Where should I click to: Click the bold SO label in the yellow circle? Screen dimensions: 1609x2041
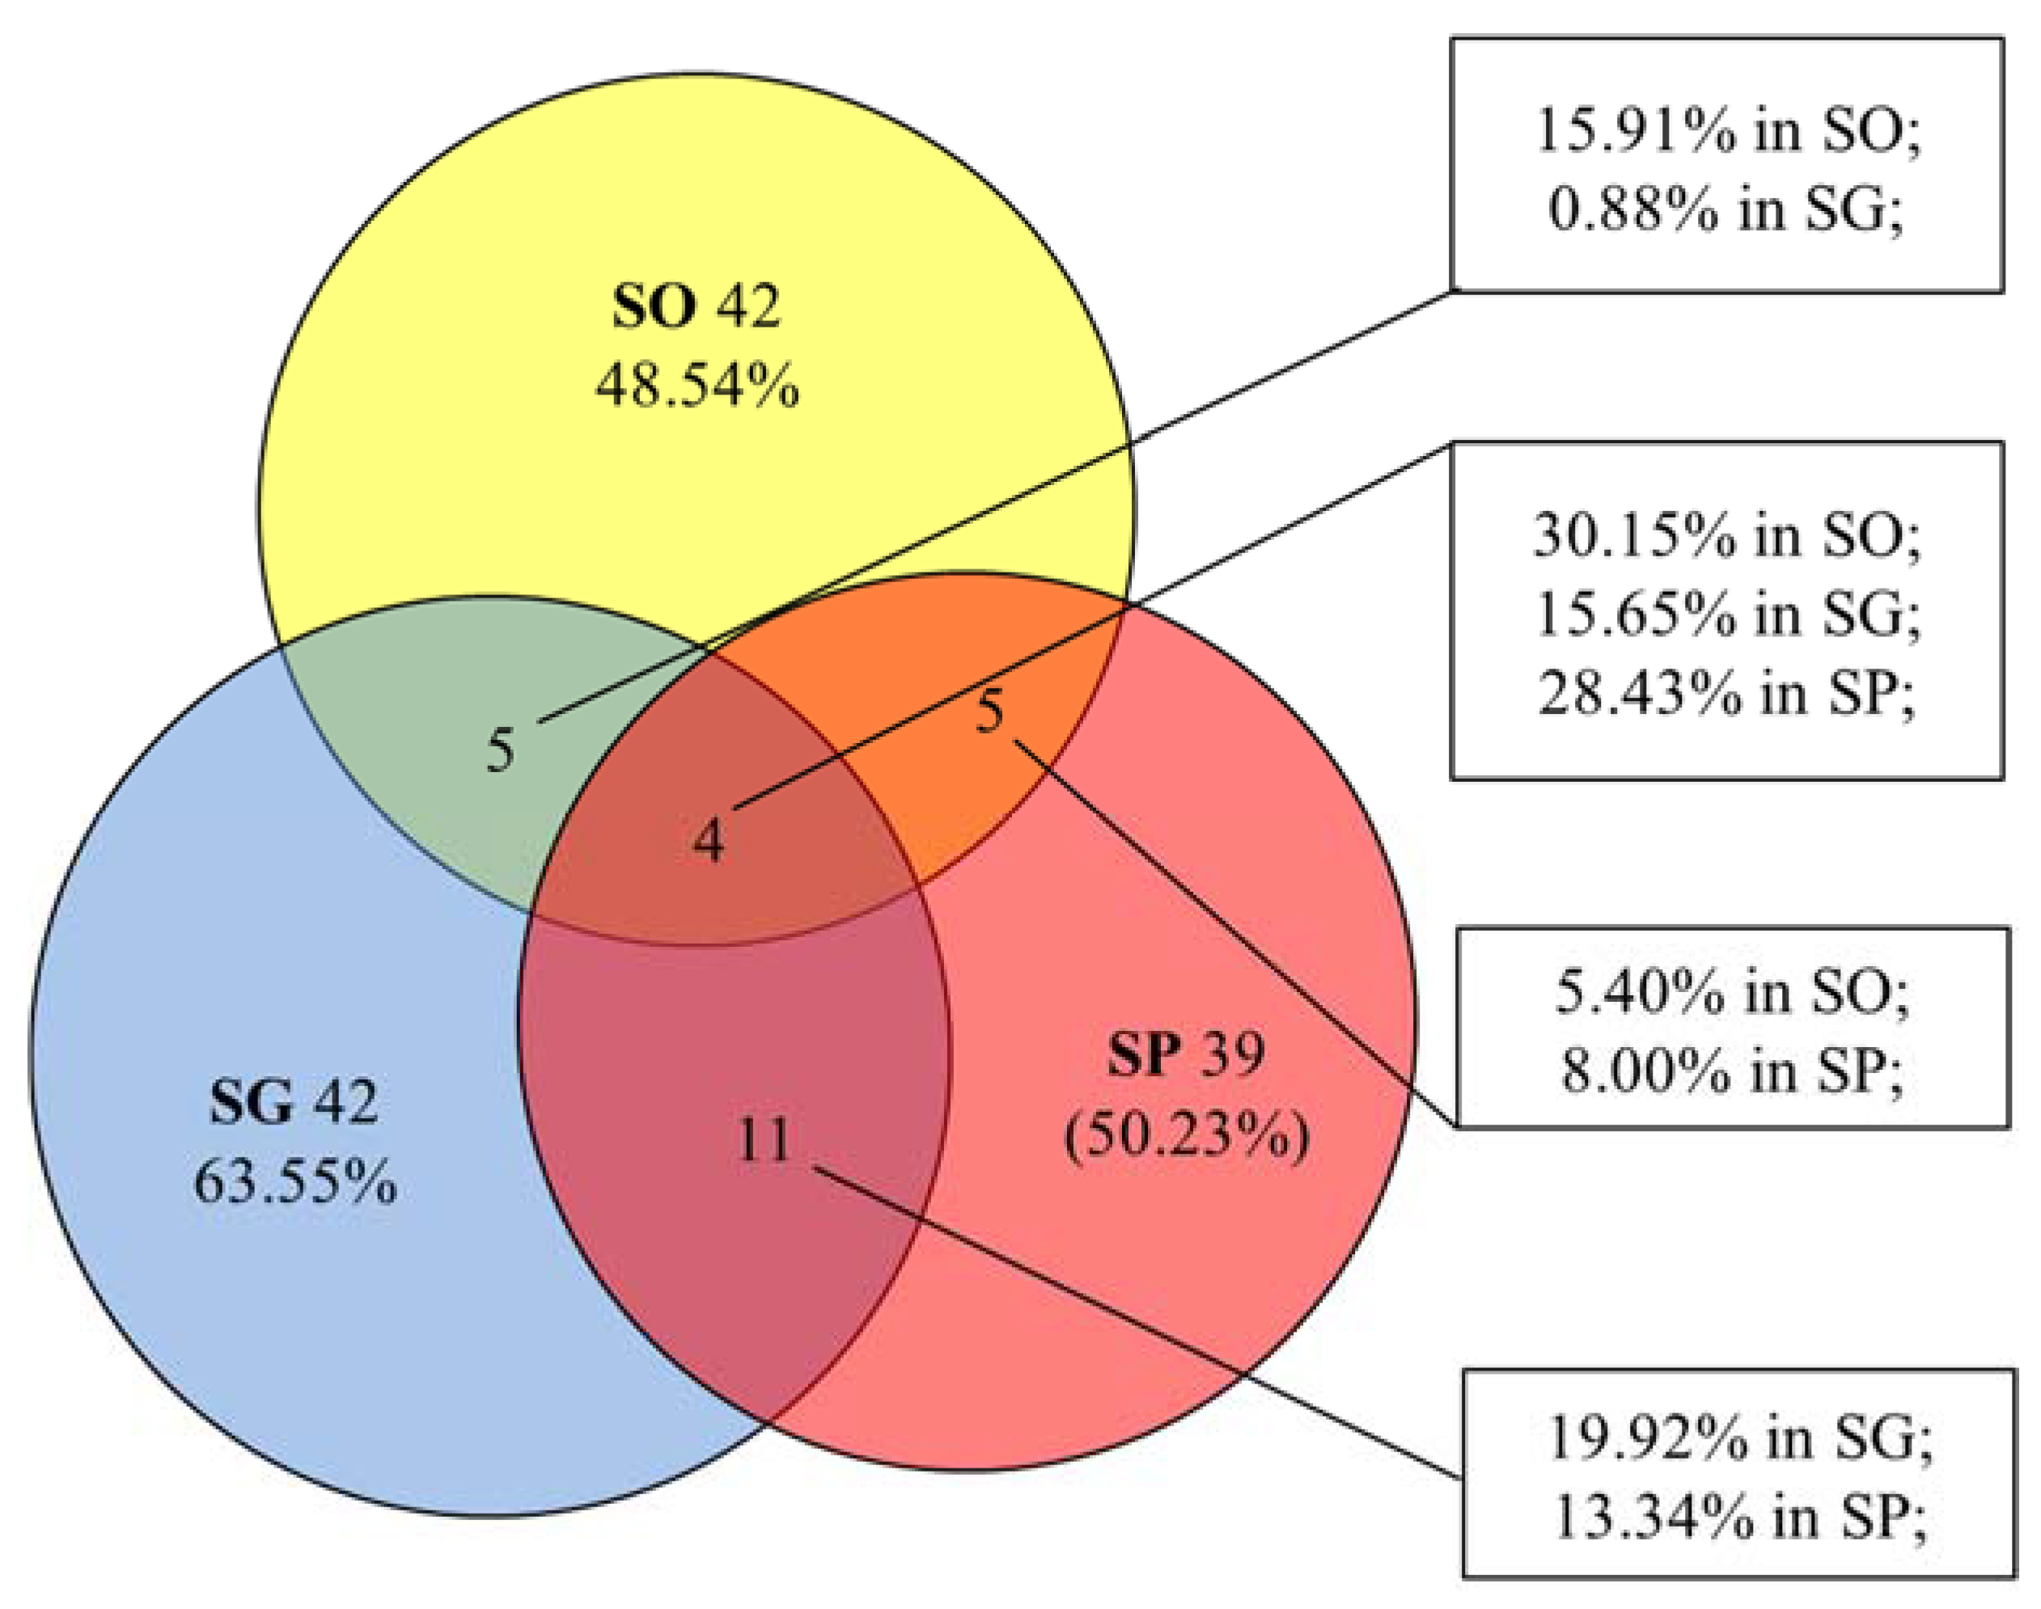pos(654,307)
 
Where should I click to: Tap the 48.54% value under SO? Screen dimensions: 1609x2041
pos(697,386)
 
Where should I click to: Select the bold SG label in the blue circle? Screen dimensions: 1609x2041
pos(251,1102)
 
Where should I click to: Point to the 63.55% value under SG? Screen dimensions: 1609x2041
pos(295,1182)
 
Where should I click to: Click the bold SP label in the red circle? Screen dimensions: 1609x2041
pos(1144,1055)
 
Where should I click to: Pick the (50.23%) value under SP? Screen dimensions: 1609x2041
pos(1187,1137)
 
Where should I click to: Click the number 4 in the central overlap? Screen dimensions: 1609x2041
pos(709,839)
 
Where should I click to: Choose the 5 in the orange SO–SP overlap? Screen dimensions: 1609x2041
pos(989,712)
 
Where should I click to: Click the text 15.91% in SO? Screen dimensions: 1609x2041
pos(1727,131)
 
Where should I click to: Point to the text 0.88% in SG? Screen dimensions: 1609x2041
pos(1726,210)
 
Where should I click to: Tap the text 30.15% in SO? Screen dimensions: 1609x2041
pos(1726,536)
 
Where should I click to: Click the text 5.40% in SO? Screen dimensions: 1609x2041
pos(1732,994)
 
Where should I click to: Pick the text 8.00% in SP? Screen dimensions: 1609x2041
pos(1732,1072)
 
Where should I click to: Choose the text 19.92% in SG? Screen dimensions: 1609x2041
pos(1739,1438)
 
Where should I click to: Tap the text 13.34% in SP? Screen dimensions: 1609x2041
pos(1739,1518)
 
